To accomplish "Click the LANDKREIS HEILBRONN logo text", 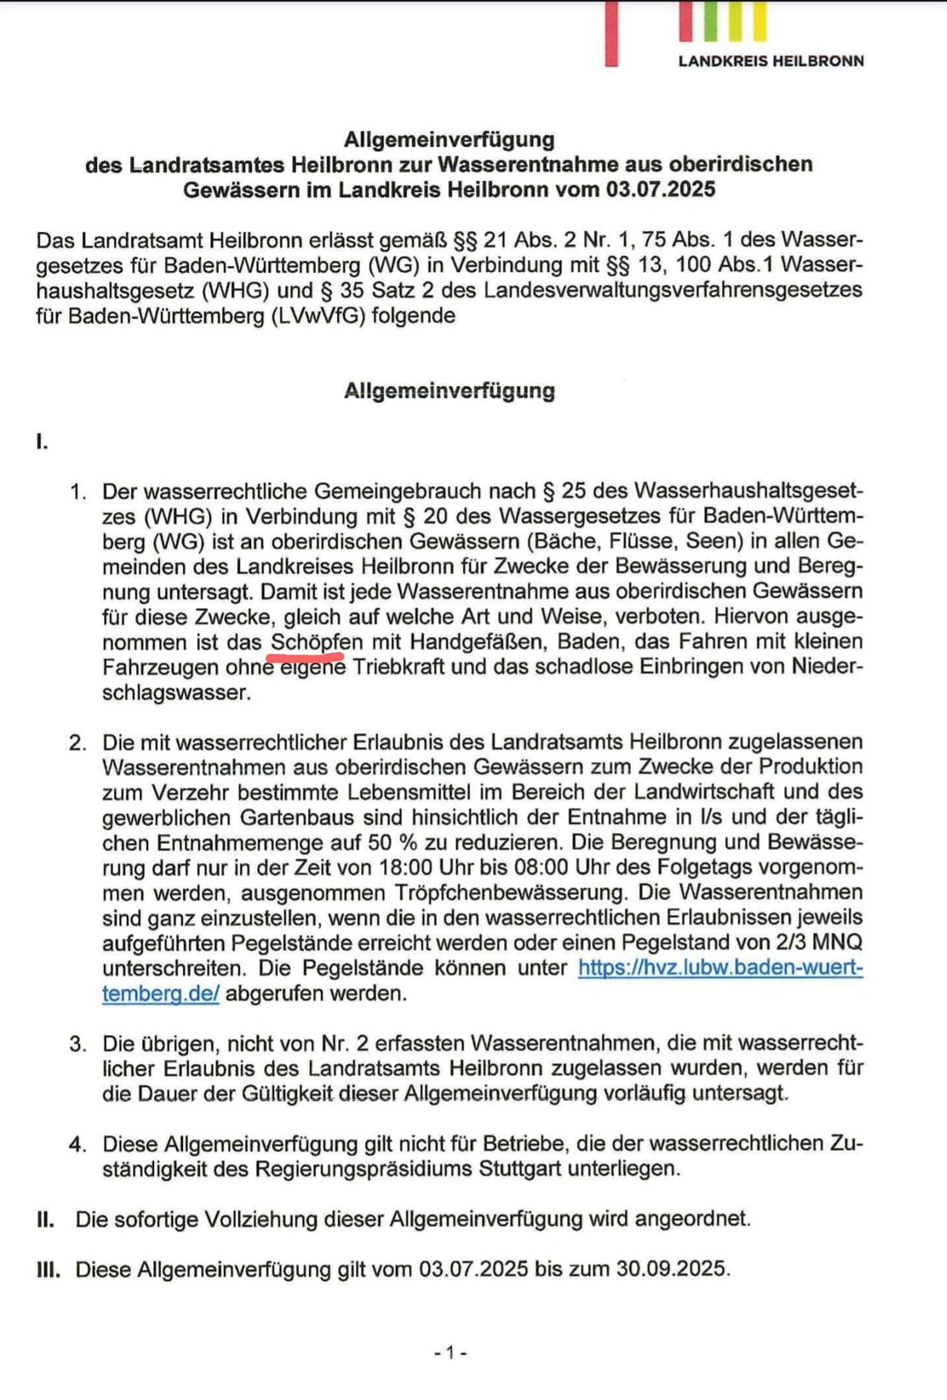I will [x=770, y=61].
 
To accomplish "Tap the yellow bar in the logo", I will [x=759, y=22].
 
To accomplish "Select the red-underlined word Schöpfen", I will [x=316, y=642].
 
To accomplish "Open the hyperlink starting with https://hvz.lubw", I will [x=720, y=968].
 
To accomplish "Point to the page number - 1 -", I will [x=450, y=1353].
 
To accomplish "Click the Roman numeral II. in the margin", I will [x=46, y=1219].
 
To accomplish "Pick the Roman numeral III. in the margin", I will [x=48, y=1269].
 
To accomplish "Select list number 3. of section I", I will [x=78, y=1044].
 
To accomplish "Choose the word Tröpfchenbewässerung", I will [x=509, y=893].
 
